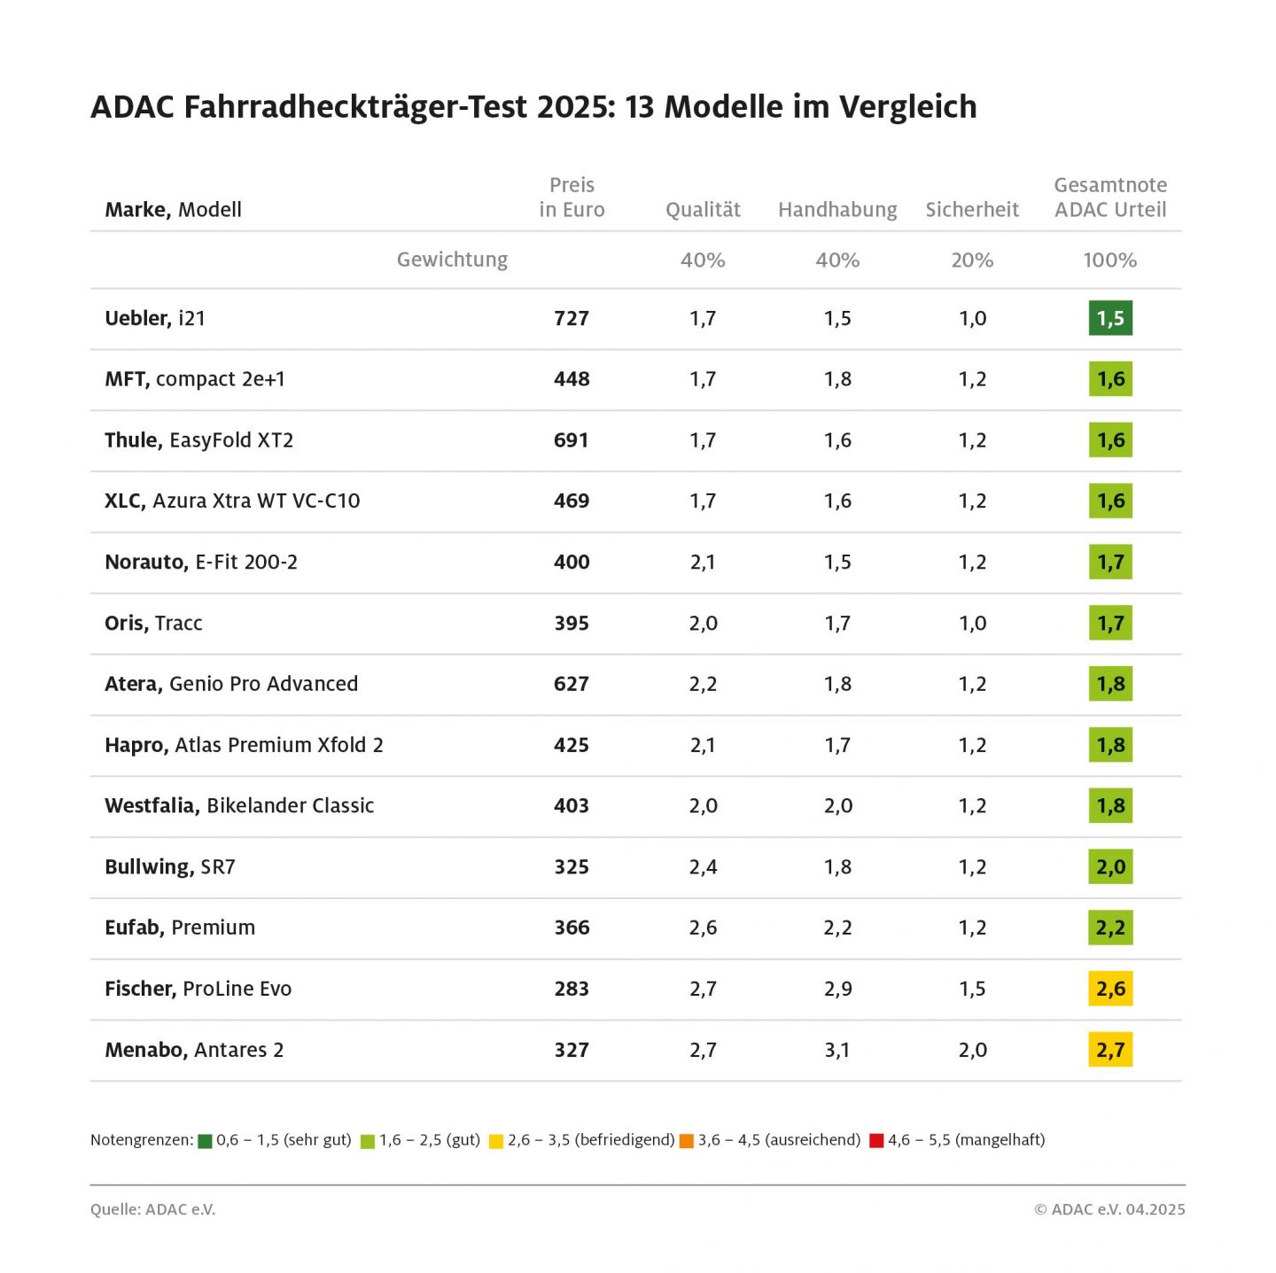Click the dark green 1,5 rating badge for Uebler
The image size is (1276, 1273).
click(1109, 318)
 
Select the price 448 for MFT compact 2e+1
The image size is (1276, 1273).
click(572, 379)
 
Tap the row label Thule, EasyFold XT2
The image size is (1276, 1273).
click(198, 440)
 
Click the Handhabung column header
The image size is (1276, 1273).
click(837, 210)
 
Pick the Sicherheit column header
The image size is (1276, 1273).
click(972, 210)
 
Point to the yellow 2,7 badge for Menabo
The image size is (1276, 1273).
click(1110, 1050)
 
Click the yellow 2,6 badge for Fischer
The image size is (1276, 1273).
click(1110, 989)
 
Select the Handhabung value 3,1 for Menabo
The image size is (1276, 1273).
click(837, 1050)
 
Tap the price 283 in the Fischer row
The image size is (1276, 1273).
click(572, 989)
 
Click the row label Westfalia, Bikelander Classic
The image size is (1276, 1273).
click(239, 806)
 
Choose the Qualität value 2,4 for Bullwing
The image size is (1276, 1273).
click(703, 867)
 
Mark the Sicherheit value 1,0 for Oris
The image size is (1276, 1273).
click(972, 624)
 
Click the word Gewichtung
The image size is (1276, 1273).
click(452, 260)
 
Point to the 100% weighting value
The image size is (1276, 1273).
click(1109, 260)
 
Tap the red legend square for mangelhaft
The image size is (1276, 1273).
click(876, 1141)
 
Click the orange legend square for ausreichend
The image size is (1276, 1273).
click(686, 1141)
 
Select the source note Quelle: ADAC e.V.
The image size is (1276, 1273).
click(152, 1209)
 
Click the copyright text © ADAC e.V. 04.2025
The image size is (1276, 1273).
click(1109, 1209)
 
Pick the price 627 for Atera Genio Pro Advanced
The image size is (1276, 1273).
click(572, 684)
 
